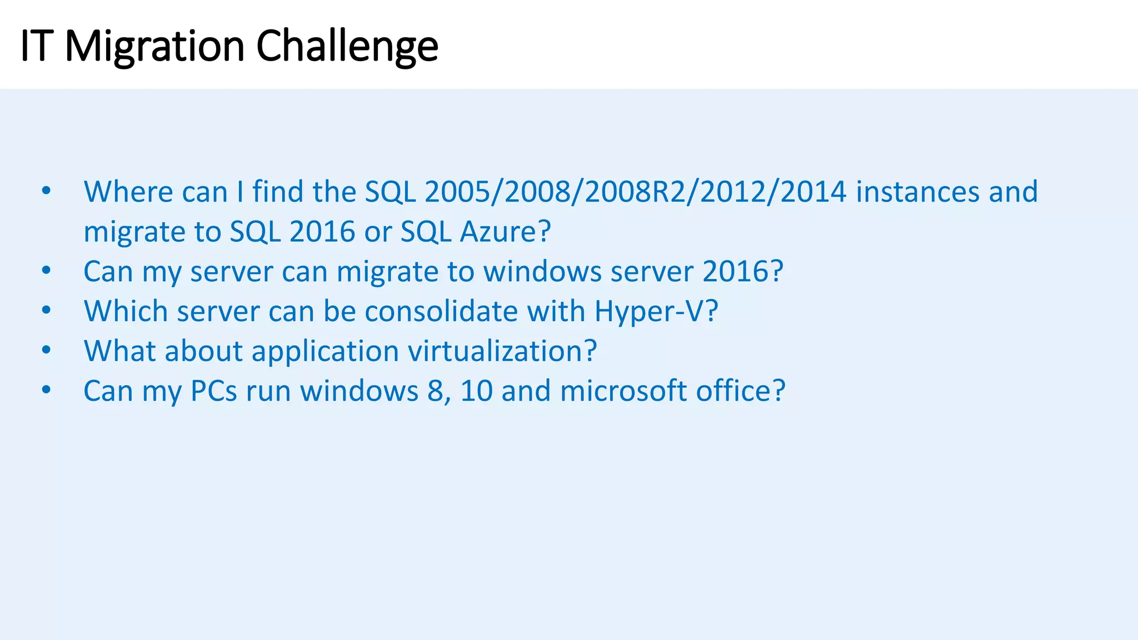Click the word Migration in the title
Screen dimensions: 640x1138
click(154, 46)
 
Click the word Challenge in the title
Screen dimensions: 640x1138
click(347, 46)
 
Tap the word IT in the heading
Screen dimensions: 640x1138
click(37, 46)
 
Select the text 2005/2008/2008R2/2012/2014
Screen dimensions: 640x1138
click(635, 192)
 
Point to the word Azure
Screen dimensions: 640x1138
click(505, 232)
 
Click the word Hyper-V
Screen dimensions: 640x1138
click(656, 311)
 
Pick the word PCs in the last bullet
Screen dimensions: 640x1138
click(214, 391)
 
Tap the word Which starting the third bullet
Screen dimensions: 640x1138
click(126, 311)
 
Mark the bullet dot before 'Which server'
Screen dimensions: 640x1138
click(46, 311)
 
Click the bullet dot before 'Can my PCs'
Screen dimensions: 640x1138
click(46, 391)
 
